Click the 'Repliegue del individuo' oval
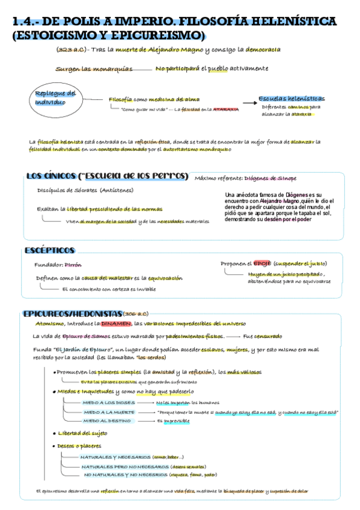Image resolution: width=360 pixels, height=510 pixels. click(x=55, y=99)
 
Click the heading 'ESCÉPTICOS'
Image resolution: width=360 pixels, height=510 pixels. click(x=49, y=250)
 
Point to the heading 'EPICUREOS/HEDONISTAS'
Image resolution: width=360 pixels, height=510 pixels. click(x=72, y=314)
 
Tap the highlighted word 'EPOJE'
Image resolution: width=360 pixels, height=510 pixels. click(x=262, y=263)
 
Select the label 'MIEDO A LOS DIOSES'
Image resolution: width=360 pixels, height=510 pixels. click(x=105, y=402)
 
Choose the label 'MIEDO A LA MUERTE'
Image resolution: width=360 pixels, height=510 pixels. click(x=107, y=412)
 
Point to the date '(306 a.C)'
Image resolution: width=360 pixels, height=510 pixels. click(x=135, y=315)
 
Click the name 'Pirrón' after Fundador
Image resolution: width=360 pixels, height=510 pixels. click(x=73, y=265)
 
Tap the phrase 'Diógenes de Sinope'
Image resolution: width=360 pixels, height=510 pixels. click(x=270, y=178)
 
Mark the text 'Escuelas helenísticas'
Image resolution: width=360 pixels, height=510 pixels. click(x=291, y=99)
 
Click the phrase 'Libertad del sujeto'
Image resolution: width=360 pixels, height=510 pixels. click(x=83, y=433)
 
